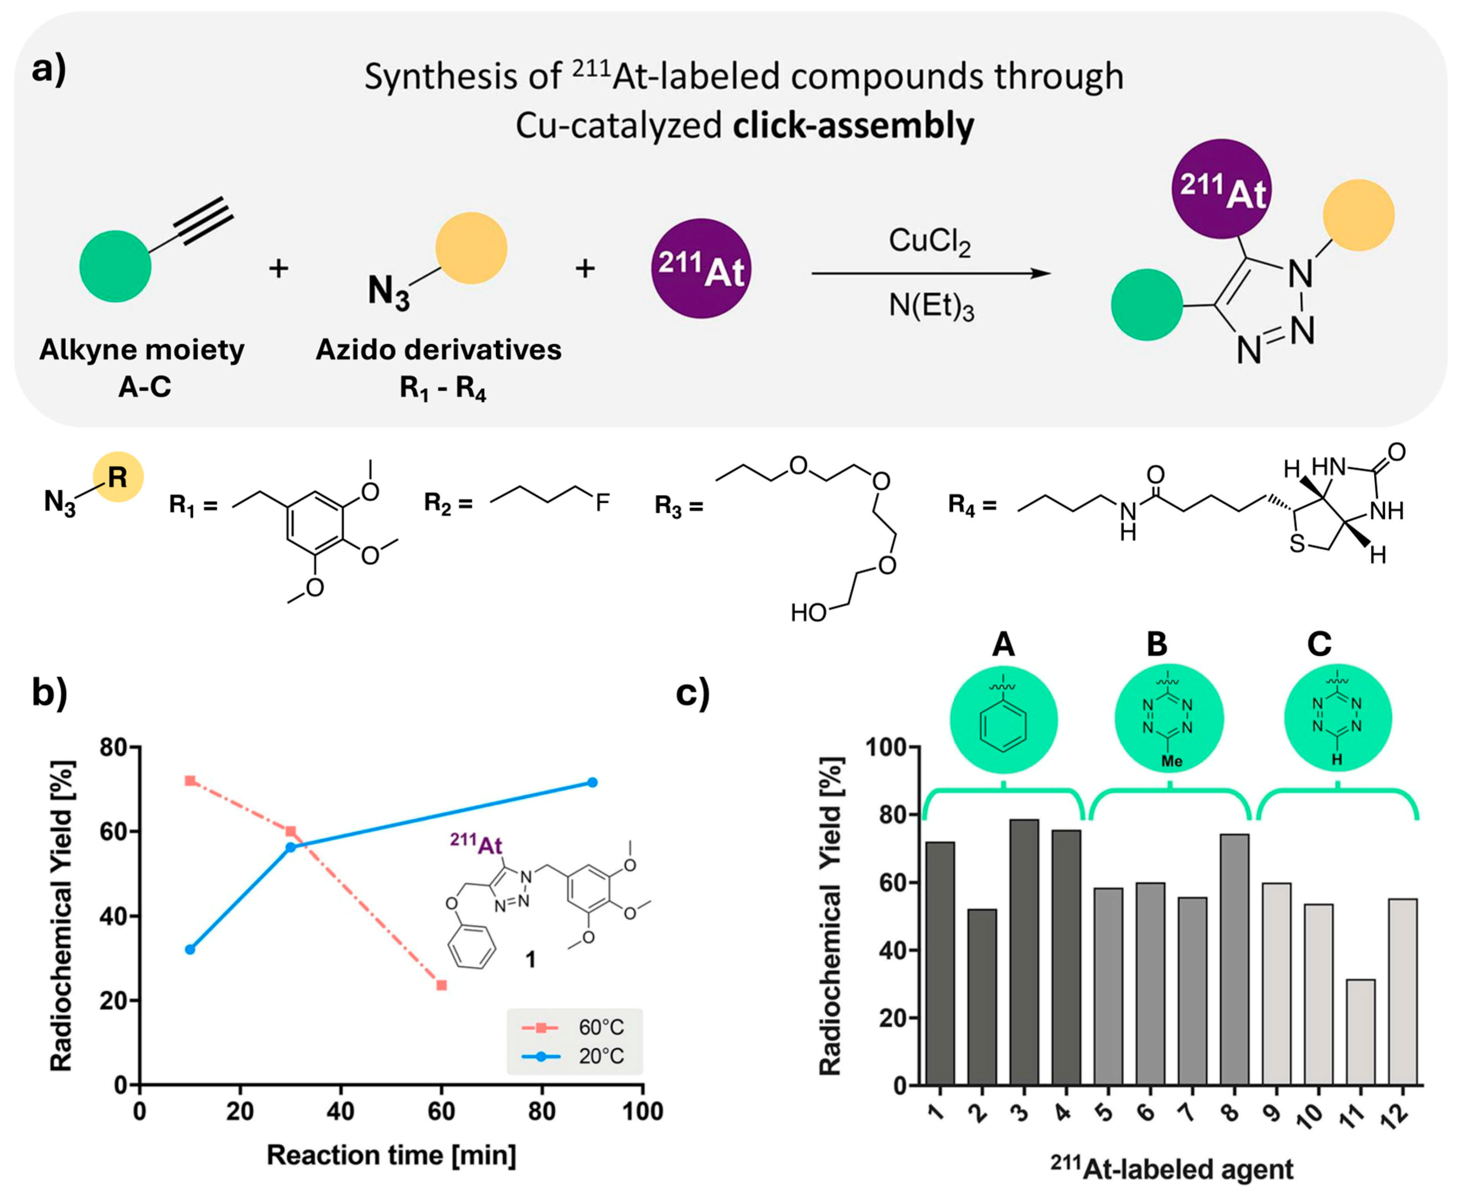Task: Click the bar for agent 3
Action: pos(1024,951)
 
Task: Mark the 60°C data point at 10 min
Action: pos(190,781)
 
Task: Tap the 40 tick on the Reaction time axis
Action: pos(341,1112)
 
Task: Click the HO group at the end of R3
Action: pos(808,612)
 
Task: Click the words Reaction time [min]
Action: pos(392,1155)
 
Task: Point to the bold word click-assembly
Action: pos(853,126)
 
